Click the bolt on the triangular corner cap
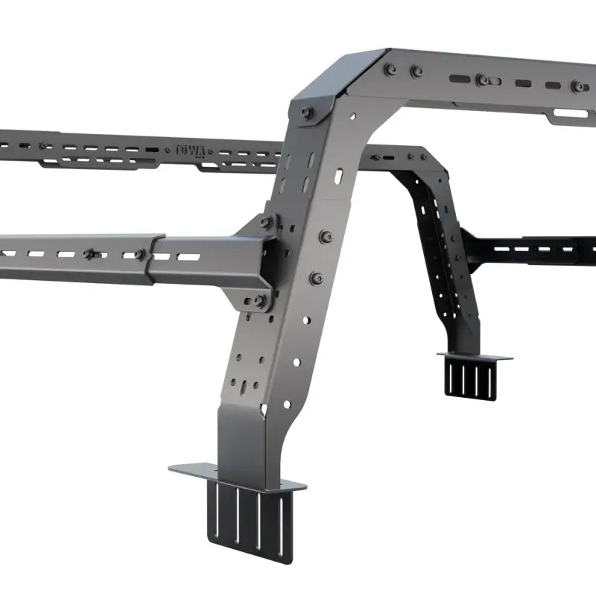coord(307,112)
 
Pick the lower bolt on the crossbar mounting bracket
coord(259,300)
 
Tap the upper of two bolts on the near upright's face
coord(326,236)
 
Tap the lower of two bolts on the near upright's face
coord(316,278)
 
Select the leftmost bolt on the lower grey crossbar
coord(89,254)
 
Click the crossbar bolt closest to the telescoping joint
coord(140,255)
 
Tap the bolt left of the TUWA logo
coord(42,145)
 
